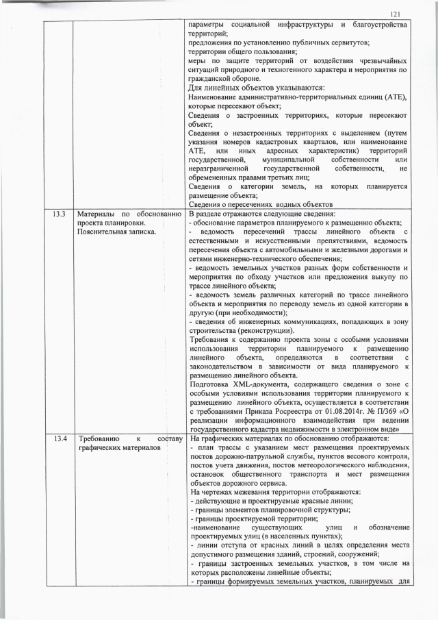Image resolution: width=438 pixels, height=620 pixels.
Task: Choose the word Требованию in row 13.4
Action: coord(99,438)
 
